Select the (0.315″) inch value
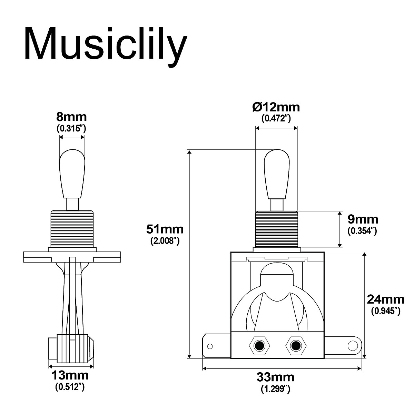(71, 129)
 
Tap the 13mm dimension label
(70, 375)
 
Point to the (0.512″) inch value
(70, 387)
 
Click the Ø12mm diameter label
(276, 107)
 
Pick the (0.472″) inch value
(276, 119)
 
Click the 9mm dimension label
(362, 219)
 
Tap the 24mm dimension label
(385, 298)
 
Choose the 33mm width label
(275, 377)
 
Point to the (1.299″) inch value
(275, 389)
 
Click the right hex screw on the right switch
(295, 345)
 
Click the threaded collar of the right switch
(276, 229)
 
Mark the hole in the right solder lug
(353, 345)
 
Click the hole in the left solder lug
(210, 345)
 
